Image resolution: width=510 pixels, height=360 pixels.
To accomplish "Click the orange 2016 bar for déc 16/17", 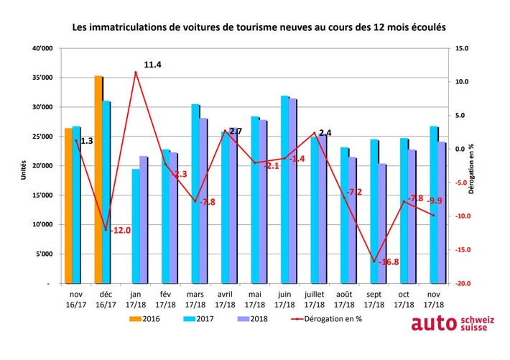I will click(x=98, y=180).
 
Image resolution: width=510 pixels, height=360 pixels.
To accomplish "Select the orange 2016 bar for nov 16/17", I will click(x=68, y=206).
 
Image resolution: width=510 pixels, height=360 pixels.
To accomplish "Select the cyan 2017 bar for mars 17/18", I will click(x=195, y=194).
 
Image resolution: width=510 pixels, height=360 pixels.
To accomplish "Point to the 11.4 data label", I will click(x=152, y=65).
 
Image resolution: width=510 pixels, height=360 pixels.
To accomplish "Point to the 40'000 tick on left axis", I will click(x=42, y=49).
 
